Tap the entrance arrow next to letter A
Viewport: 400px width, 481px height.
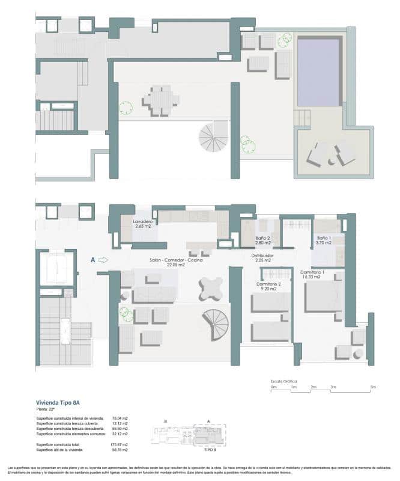103,260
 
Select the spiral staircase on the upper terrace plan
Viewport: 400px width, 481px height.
214,136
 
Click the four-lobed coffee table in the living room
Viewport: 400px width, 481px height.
212,290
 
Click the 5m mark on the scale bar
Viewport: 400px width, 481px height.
372,387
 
